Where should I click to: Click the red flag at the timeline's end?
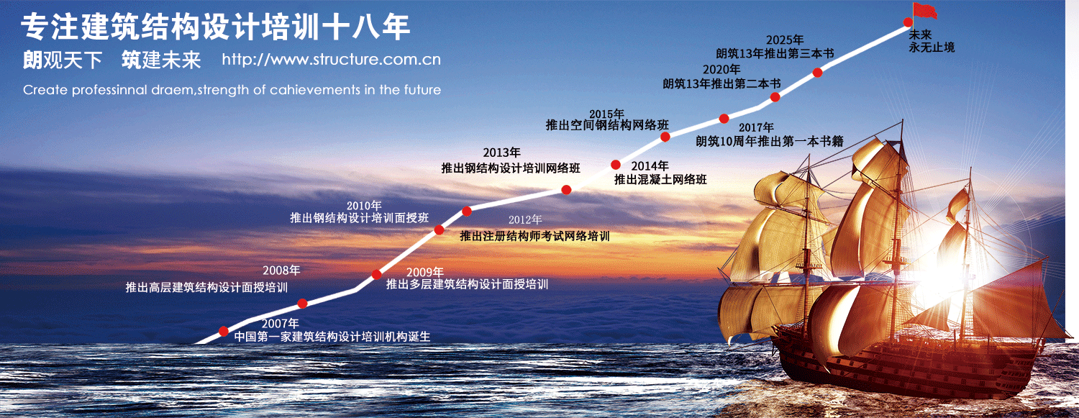[924, 11]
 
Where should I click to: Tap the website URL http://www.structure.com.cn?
[332, 59]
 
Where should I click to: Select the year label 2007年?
[281, 323]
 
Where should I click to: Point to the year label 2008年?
[281, 271]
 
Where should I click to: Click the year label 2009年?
[425, 273]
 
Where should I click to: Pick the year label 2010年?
[364, 206]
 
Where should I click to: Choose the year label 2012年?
[525, 219]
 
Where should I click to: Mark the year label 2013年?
[502, 153]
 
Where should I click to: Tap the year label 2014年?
[650, 166]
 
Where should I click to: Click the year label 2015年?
[606, 114]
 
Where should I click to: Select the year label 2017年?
[756, 127]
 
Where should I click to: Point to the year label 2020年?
[721, 70]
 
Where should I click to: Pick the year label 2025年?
[786, 40]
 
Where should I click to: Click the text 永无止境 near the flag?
[932, 47]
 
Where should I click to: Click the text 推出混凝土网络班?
[660, 180]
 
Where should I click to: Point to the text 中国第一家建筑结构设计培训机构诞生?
[332, 336]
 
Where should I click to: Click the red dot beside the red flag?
[908, 22]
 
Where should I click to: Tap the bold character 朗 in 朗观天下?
[33, 60]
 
